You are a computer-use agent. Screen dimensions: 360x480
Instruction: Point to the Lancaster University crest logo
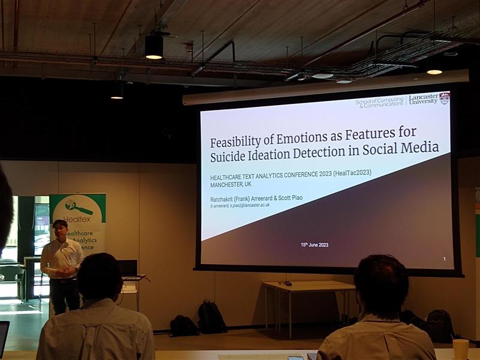point(444,98)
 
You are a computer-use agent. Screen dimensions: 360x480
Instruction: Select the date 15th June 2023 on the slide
point(314,245)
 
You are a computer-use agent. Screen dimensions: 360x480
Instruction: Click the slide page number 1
point(444,259)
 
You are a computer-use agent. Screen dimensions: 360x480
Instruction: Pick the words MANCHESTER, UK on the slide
point(231,184)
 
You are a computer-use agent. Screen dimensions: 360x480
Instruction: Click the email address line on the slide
point(240,205)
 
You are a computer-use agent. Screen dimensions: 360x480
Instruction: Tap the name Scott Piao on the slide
point(290,196)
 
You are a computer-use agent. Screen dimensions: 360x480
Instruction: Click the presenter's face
point(60,229)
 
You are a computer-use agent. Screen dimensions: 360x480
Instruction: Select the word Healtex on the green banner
point(76,219)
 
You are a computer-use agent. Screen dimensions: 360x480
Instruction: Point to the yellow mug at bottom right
point(460,349)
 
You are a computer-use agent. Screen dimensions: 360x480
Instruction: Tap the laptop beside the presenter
point(127,268)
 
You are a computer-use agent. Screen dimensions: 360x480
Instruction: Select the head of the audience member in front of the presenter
point(100,277)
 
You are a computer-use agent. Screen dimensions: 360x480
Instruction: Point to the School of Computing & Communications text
point(379,103)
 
